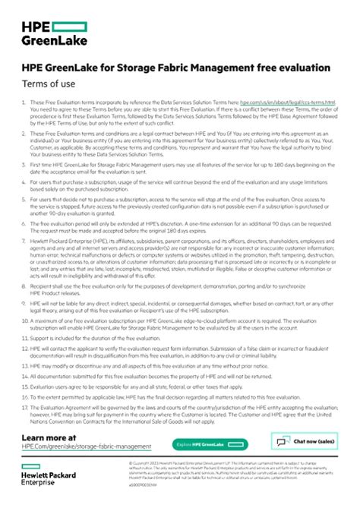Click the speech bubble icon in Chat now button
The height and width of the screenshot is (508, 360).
[283, 442]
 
